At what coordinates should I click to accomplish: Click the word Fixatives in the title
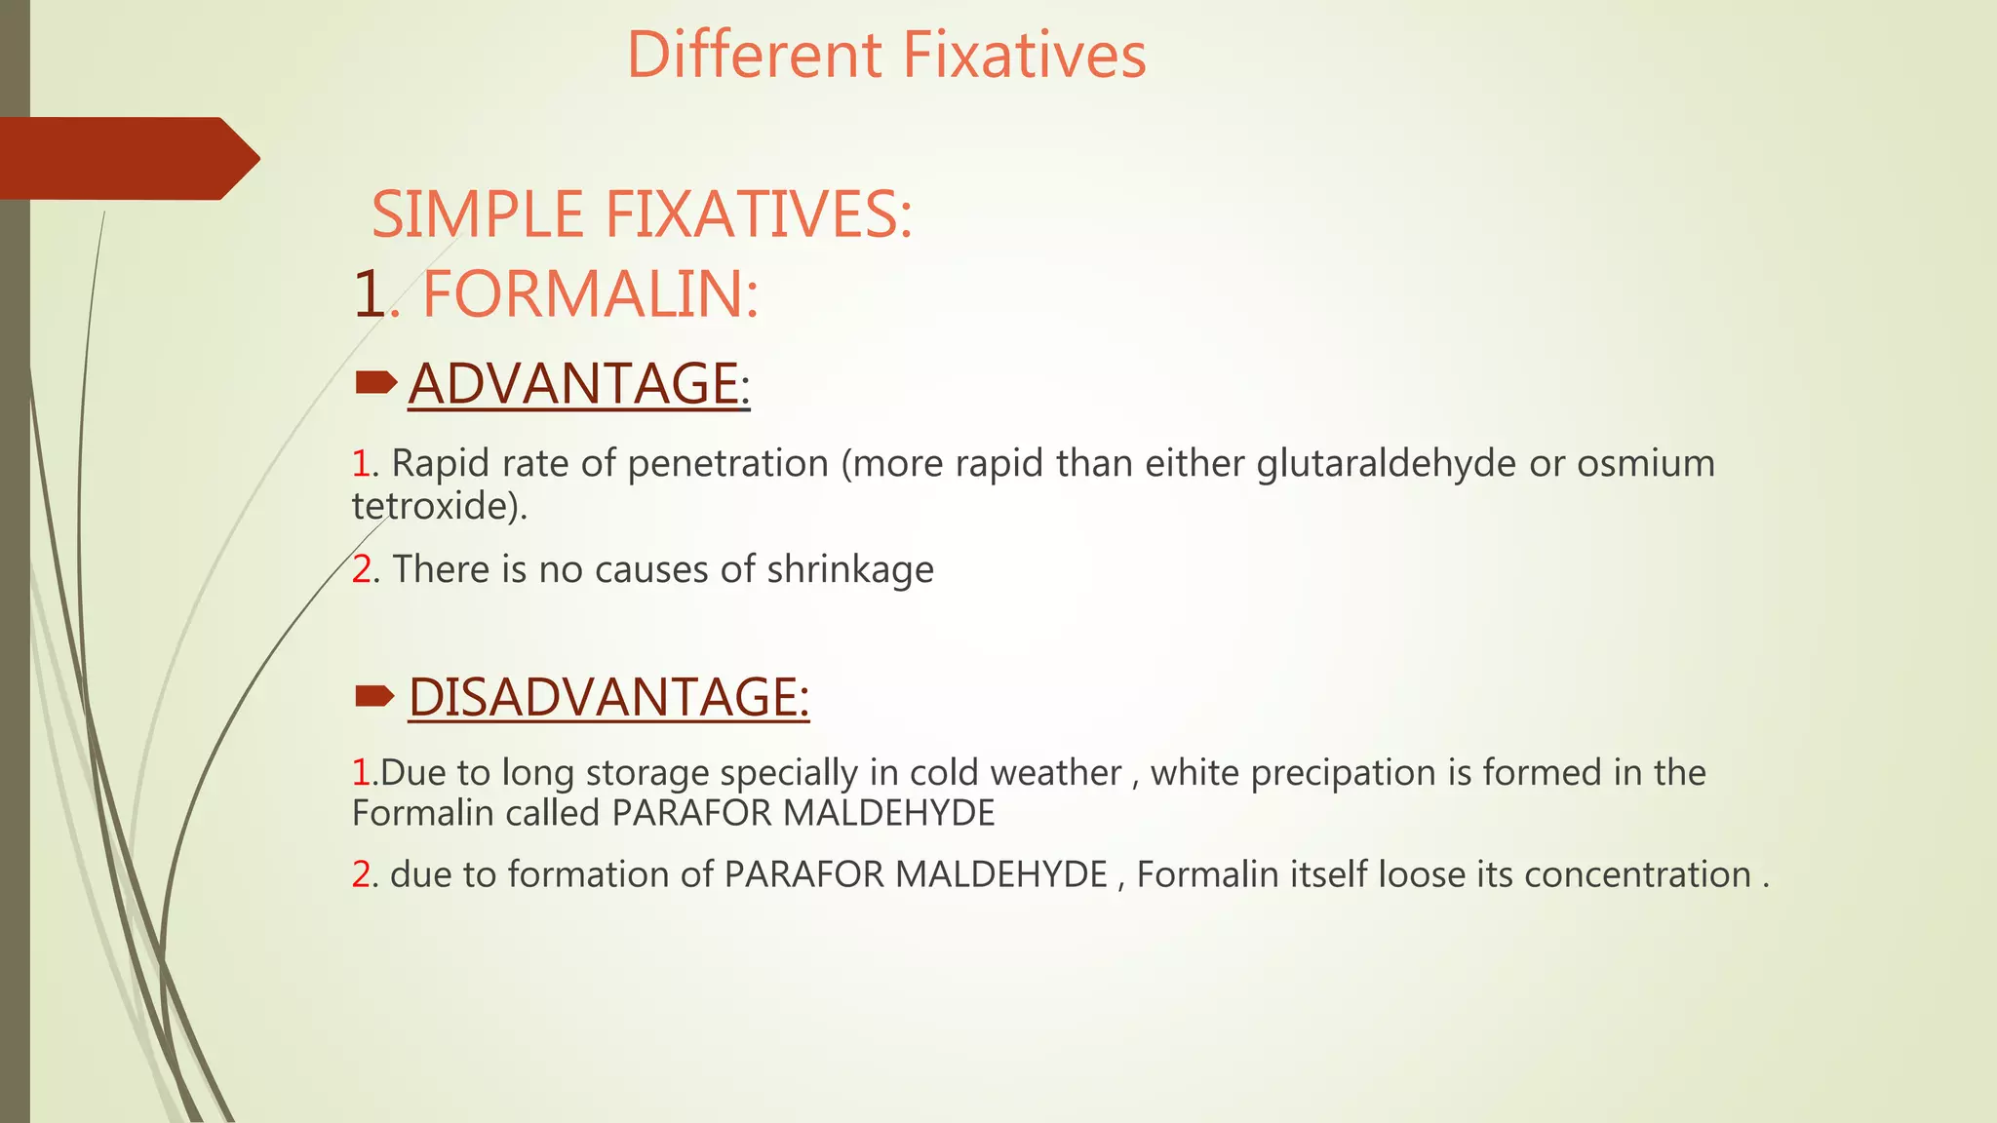pyautogui.click(x=1024, y=55)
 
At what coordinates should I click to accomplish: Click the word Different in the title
pyautogui.click(x=754, y=55)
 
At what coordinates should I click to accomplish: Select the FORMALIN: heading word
pyautogui.click(x=590, y=294)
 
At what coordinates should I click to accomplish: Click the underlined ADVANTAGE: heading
pyautogui.click(x=578, y=383)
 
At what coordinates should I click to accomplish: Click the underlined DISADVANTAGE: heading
pyautogui.click(x=608, y=697)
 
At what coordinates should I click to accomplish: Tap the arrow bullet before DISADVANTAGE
pyautogui.click(x=375, y=695)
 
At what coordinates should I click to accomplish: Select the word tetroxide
pyautogui.click(x=435, y=505)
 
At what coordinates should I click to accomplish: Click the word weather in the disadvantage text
pyautogui.click(x=1055, y=773)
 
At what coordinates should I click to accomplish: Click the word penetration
pyautogui.click(x=727, y=464)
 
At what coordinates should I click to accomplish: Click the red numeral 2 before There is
pyautogui.click(x=361, y=569)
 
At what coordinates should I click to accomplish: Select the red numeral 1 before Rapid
pyautogui.click(x=361, y=464)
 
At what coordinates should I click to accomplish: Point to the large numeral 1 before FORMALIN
pyautogui.click(x=370, y=294)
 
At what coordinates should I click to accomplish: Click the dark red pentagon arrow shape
pyautogui.click(x=127, y=158)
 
